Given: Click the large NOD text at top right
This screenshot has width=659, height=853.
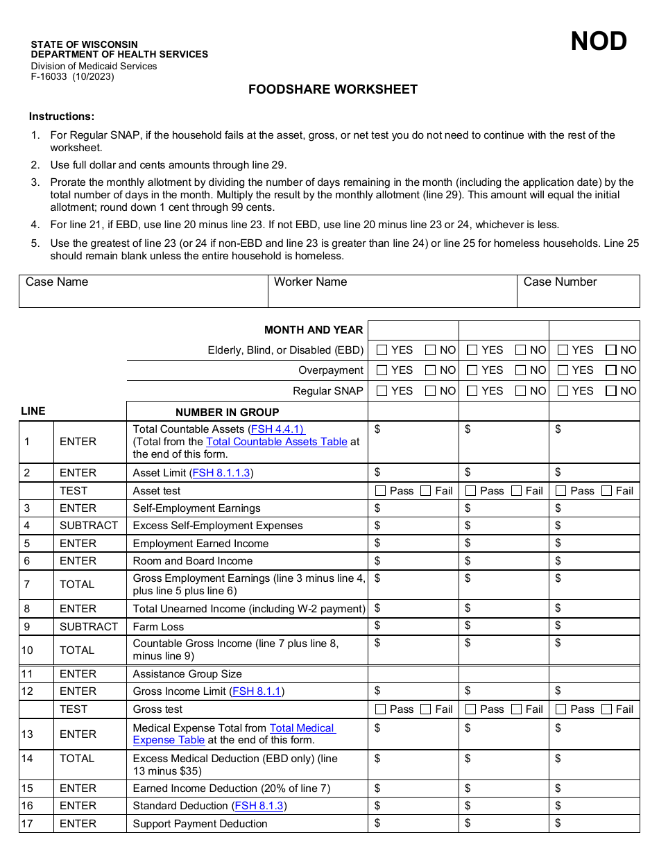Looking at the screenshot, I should pyautogui.click(x=598, y=42).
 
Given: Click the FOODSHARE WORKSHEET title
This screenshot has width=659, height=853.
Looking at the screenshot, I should pyautogui.click(x=333, y=89).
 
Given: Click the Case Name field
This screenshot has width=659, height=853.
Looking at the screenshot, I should pyautogui.click(x=143, y=291).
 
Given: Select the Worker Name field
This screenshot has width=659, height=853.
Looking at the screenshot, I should pyautogui.click(x=392, y=291).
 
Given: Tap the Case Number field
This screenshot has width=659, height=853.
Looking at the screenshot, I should pyautogui.click(x=578, y=291).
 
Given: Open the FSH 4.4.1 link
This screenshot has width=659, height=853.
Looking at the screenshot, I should pyautogui.click(x=277, y=429).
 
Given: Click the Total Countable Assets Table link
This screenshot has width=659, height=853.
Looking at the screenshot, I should pyautogui.click(x=277, y=442).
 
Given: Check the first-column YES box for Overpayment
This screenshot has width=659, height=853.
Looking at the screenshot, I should pyautogui.click(x=382, y=370).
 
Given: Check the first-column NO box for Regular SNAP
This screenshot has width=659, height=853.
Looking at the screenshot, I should pyautogui.click(x=431, y=391).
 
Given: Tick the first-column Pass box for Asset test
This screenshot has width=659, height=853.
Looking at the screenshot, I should pyautogui.click(x=381, y=491).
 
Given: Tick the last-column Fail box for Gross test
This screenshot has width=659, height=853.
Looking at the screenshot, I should pyautogui.click(x=607, y=709).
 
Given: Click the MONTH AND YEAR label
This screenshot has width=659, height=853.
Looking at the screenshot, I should pyautogui.click(x=314, y=330).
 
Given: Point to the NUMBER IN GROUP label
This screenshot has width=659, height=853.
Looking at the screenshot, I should pyautogui.click(x=228, y=412).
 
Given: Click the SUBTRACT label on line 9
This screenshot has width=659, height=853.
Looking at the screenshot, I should pyautogui.click(x=89, y=627).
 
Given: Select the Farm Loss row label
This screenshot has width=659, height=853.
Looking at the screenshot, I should pyautogui.click(x=158, y=627).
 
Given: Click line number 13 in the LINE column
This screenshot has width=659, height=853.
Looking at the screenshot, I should pyautogui.click(x=27, y=734).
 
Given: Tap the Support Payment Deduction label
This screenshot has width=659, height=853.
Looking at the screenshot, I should pyautogui.click(x=200, y=824).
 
